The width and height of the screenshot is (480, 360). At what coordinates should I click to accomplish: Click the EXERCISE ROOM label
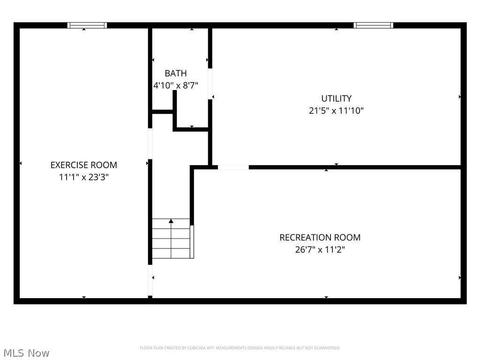pyautogui.click(x=84, y=165)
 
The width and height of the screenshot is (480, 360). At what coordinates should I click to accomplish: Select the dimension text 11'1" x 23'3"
pyautogui.click(x=84, y=177)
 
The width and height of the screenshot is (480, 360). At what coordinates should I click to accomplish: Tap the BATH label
pyautogui.click(x=176, y=73)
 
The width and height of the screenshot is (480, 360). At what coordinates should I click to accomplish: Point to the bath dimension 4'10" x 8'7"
pyautogui.click(x=176, y=86)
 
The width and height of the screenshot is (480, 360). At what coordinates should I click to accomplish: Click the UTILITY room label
pyautogui.click(x=336, y=98)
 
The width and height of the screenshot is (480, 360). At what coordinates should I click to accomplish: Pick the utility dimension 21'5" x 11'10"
pyautogui.click(x=336, y=111)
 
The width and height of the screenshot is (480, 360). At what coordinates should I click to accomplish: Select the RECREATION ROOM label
pyautogui.click(x=320, y=238)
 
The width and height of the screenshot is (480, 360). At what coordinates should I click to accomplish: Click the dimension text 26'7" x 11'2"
pyautogui.click(x=320, y=250)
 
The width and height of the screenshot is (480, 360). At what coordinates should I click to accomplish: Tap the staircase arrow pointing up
pyautogui.click(x=171, y=221)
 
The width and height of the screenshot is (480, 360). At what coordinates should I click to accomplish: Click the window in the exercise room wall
pyautogui.click(x=87, y=25)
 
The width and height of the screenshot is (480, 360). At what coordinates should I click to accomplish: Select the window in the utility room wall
pyautogui.click(x=373, y=25)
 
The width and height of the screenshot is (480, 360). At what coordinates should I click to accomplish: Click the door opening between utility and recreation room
pyautogui.click(x=233, y=167)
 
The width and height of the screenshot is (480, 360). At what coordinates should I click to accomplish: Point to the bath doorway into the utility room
pyautogui.click(x=210, y=83)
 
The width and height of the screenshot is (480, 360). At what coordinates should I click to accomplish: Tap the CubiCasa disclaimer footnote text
pyautogui.click(x=240, y=348)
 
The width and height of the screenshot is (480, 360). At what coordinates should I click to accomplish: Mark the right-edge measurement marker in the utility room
pyautogui.click(x=459, y=97)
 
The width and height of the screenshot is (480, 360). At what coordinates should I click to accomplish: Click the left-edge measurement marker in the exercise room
pyautogui.click(x=21, y=163)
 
